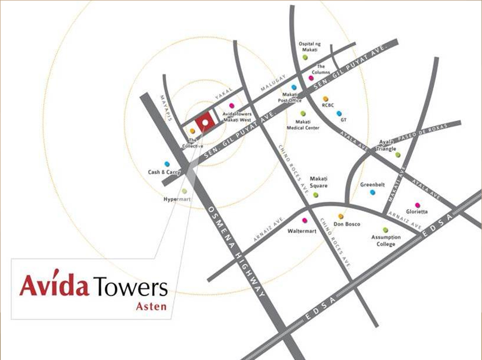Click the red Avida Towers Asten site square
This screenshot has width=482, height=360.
pyautogui.click(x=204, y=121)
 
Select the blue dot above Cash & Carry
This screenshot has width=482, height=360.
pyautogui.click(x=167, y=164)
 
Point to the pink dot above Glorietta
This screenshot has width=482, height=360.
pyautogui.click(x=417, y=205)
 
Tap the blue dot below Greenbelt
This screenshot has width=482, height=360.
pyautogui.click(x=373, y=192)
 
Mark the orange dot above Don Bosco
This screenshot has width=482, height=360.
pyautogui.click(x=340, y=217)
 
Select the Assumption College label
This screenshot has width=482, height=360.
pyautogui.click(x=386, y=241)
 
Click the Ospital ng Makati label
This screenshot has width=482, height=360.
pyautogui.click(x=310, y=47)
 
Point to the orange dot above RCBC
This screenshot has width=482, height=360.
pyautogui.click(x=326, y=99)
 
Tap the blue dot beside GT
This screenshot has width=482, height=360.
pyautogui.click(x=339, y=113)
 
